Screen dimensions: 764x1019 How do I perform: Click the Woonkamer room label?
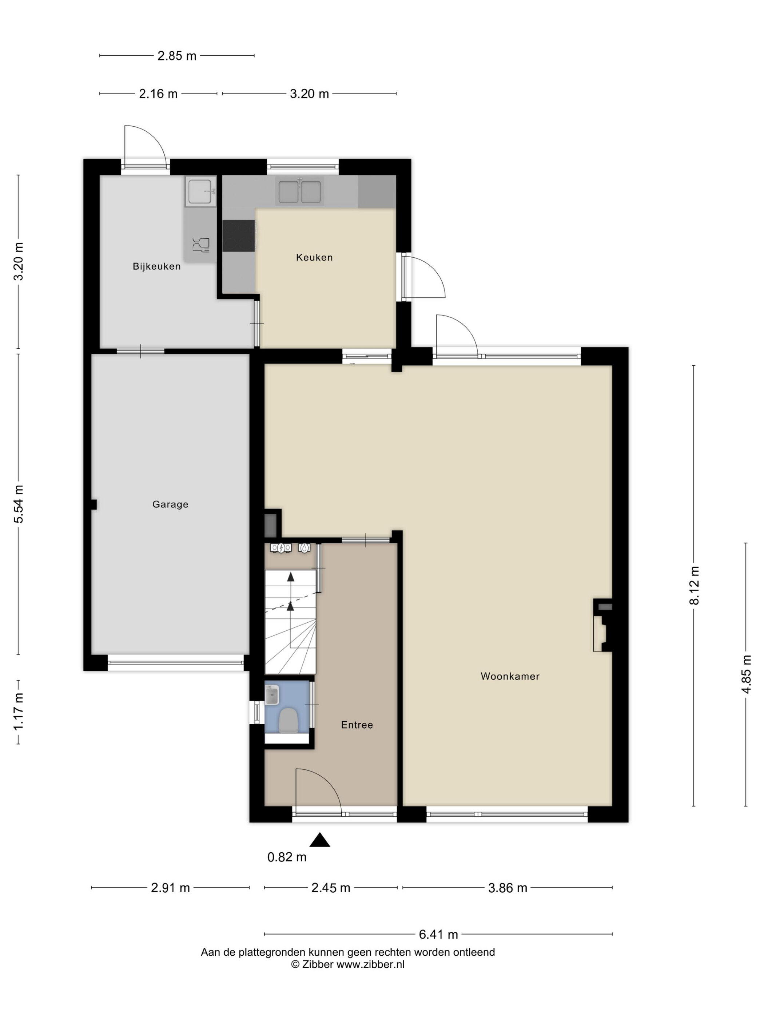click(510, 676)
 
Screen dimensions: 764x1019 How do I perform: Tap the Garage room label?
click(170, 504)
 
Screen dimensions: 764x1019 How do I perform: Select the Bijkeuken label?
click(156, 266)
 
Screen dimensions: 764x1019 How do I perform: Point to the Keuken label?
click(314, 258)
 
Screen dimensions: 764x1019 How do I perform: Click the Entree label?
click(357, 725)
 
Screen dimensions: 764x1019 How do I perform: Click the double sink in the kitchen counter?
click(299, 191)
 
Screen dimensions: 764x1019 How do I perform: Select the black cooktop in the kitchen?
click(239, 235)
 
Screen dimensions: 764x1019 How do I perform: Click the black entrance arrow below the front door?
click(319, 840)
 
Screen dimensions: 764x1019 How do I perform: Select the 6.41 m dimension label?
click(438, 934)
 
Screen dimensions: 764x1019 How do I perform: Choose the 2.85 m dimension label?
click(177, 56)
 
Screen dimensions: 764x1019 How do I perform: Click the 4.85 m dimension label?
click(747, 674)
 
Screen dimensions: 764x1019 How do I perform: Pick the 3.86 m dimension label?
click(508, 888)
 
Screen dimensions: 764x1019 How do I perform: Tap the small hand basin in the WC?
click(272, 695)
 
